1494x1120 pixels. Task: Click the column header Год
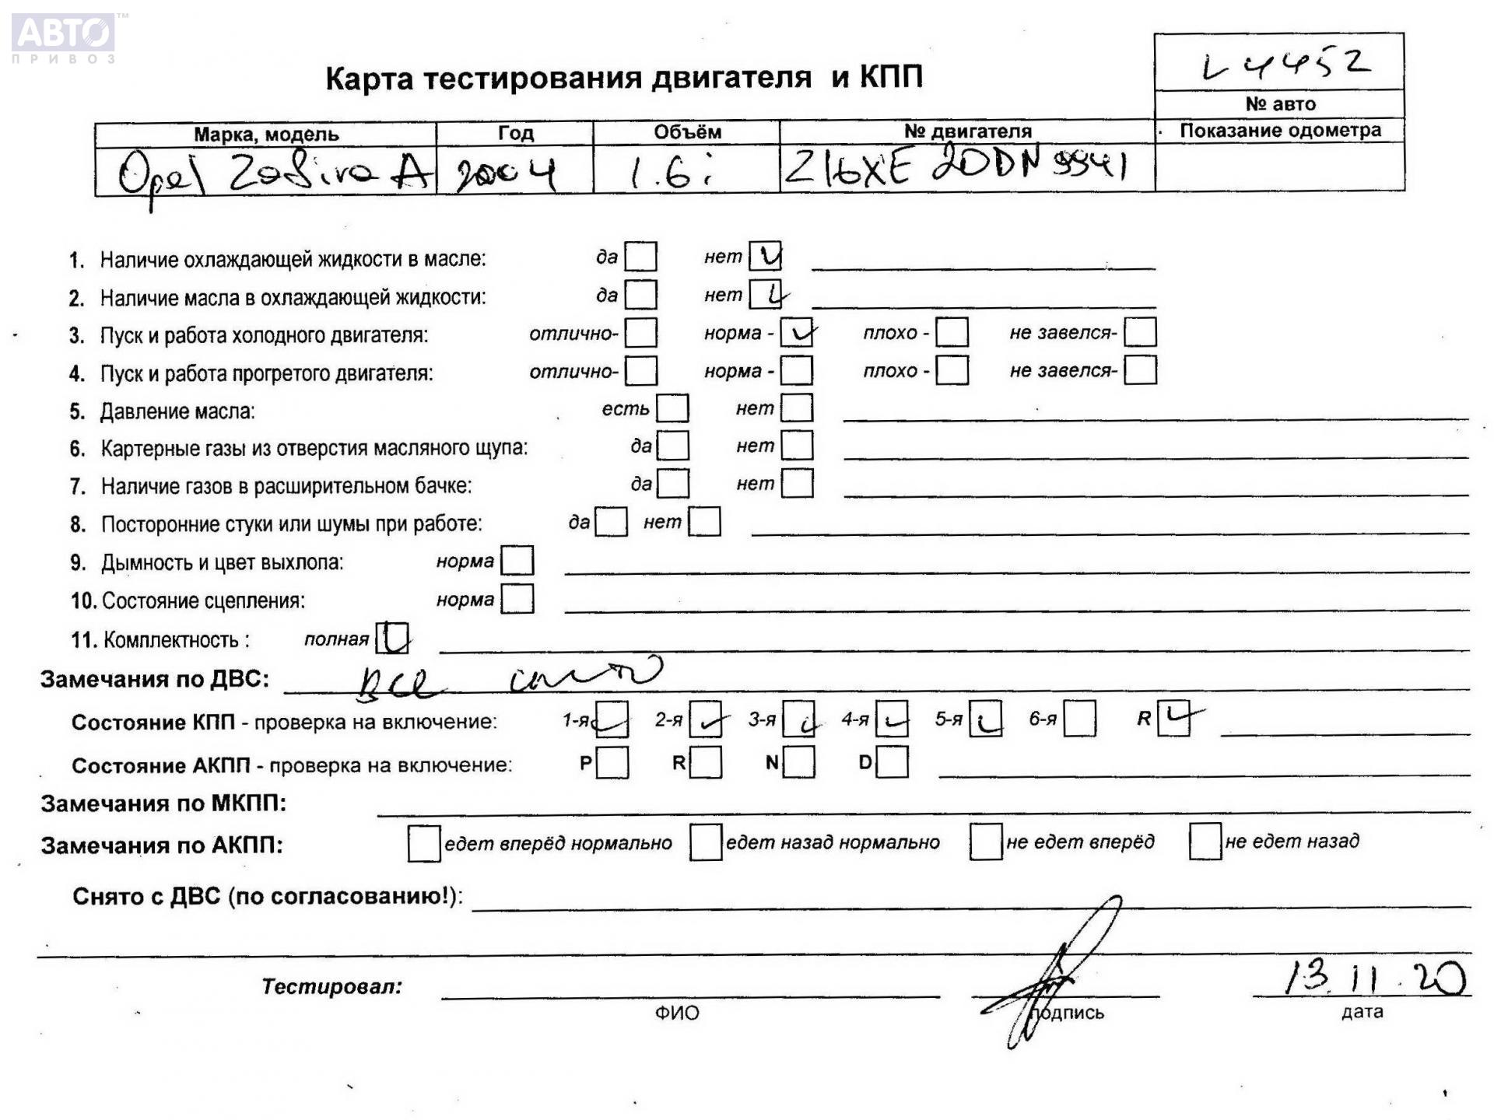point(515,133)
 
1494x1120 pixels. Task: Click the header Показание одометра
point(1280,131)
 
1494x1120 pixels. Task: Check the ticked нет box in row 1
point(765,256)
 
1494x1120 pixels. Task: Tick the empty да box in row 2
point(641,295)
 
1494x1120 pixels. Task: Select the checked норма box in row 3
point(797,333)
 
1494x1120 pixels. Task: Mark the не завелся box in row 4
point(1140,370)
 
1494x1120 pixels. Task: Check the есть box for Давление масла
point(672,408)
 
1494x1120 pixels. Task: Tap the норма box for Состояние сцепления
point(517,599)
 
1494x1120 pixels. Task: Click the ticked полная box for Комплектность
point(392,638)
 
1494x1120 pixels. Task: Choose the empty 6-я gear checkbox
point(1079,718)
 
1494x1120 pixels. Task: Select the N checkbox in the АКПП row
point(799,762)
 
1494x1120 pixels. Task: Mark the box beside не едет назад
point(1205,842)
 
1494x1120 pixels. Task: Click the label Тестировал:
point(331,986)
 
